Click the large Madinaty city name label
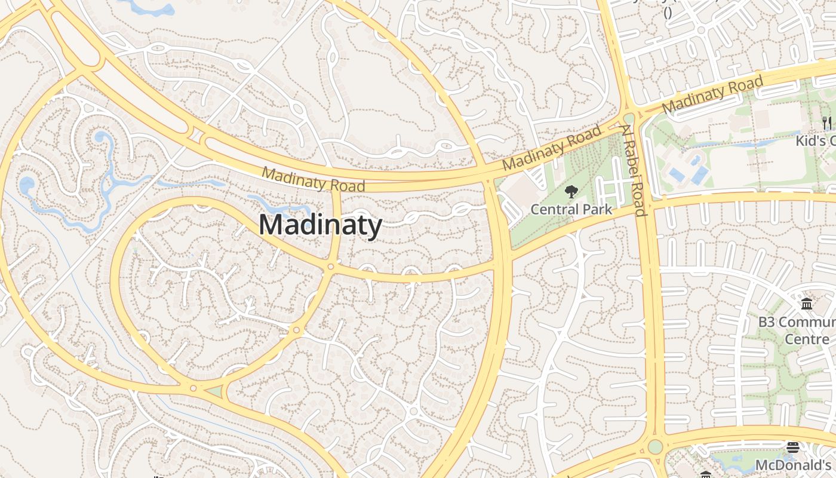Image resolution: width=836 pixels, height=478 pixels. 320,225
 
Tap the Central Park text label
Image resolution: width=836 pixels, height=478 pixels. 571,209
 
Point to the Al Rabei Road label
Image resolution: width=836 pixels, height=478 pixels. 634,170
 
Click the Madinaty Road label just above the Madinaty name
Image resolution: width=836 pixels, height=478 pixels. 314,179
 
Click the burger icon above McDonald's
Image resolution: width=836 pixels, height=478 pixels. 793,448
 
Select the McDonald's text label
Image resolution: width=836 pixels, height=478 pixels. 793,465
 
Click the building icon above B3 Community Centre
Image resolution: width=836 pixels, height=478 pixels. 807,304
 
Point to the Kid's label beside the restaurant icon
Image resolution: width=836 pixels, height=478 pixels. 815,141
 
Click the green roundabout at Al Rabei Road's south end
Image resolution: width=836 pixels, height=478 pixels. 655,446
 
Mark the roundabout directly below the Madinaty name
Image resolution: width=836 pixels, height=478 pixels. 330,266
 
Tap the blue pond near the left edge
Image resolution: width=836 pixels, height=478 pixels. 27,185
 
